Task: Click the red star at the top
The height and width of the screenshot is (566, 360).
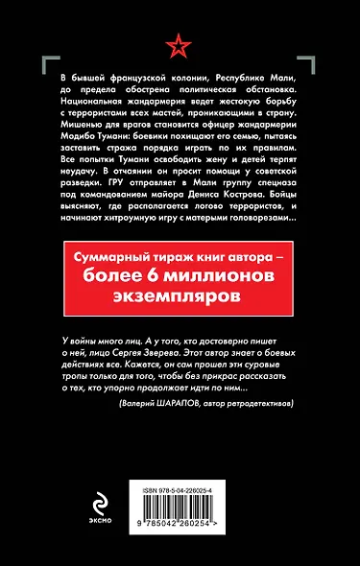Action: pyautogui.click(x=180, y=44)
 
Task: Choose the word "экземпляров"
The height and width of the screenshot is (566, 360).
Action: pyautogui.click(x=180, y=295)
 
